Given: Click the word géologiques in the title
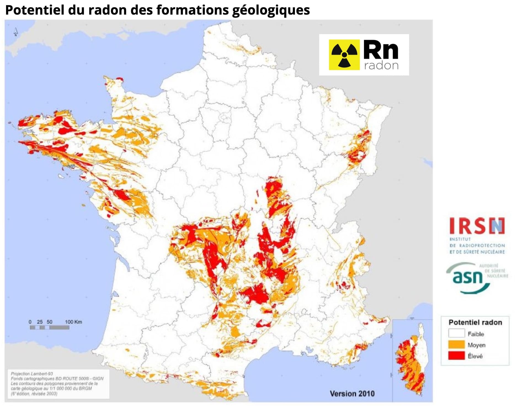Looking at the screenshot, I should pos(271,10).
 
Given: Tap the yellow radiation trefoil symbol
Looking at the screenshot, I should pos(344,55).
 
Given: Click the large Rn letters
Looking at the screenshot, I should pos(381,50).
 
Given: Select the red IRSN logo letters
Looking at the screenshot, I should pos(477,226).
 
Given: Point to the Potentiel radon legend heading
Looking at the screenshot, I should pos(475,322).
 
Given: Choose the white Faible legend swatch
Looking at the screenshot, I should pos(456,334).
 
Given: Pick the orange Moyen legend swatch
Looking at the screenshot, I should pos(456,345).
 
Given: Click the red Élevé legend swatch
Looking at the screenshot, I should pos(456,356).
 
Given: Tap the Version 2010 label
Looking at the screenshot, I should pos(352,393).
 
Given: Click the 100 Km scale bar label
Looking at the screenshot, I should pos(73,322).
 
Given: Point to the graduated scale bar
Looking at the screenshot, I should pos(49,327).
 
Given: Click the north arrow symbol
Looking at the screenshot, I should pos(16,32).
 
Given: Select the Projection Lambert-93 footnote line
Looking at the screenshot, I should pos(32,374).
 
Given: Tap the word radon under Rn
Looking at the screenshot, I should pos(381,66).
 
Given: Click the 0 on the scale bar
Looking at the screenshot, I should pos(30,322).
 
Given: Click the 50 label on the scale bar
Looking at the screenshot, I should pos(49,322).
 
